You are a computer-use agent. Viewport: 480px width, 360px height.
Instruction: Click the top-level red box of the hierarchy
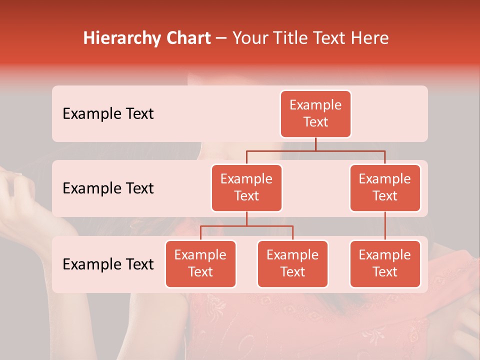click(x=315, y=113)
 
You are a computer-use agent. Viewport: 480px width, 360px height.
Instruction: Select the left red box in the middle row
click(x=246, y=187)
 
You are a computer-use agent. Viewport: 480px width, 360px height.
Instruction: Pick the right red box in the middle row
click(x=385, y=187)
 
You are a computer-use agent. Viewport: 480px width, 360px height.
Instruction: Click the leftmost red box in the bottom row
click(x=200, y=263)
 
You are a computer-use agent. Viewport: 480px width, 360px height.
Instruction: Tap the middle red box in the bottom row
click(x=292, y=263)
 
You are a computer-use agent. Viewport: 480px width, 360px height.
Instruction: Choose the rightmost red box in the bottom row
click(x=385, y=263)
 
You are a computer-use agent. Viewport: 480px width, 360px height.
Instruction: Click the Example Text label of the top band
click(x=108, y=113)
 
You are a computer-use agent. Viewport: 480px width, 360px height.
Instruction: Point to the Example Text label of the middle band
click(x=108, y=188)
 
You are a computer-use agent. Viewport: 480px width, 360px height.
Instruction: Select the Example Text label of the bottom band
click(x=108, y=264)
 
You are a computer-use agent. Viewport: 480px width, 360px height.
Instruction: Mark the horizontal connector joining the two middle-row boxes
click(x=315, y=150)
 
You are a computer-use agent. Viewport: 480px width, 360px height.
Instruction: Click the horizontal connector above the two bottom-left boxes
click(x=246, y=226)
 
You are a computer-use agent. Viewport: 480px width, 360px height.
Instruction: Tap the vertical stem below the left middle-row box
click(x=246, y=218)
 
